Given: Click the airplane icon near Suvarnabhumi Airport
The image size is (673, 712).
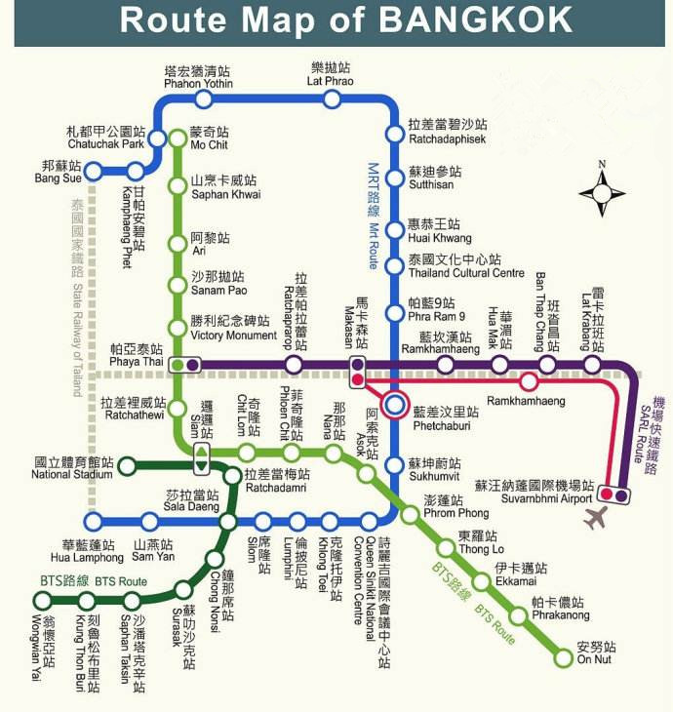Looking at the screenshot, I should [594, 519].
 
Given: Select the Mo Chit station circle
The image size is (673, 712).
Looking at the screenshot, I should [178, 138].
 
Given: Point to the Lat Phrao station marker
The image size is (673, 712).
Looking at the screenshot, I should [328, 99].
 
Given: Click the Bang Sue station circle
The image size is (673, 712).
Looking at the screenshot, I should [94, 172].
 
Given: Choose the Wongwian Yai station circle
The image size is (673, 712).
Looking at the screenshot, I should [43, 601].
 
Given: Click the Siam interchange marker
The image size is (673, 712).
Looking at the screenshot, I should [202, 453].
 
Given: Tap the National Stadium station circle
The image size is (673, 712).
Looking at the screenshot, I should [127, 467].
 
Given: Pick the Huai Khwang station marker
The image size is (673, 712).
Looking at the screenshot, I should [395, 231].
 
